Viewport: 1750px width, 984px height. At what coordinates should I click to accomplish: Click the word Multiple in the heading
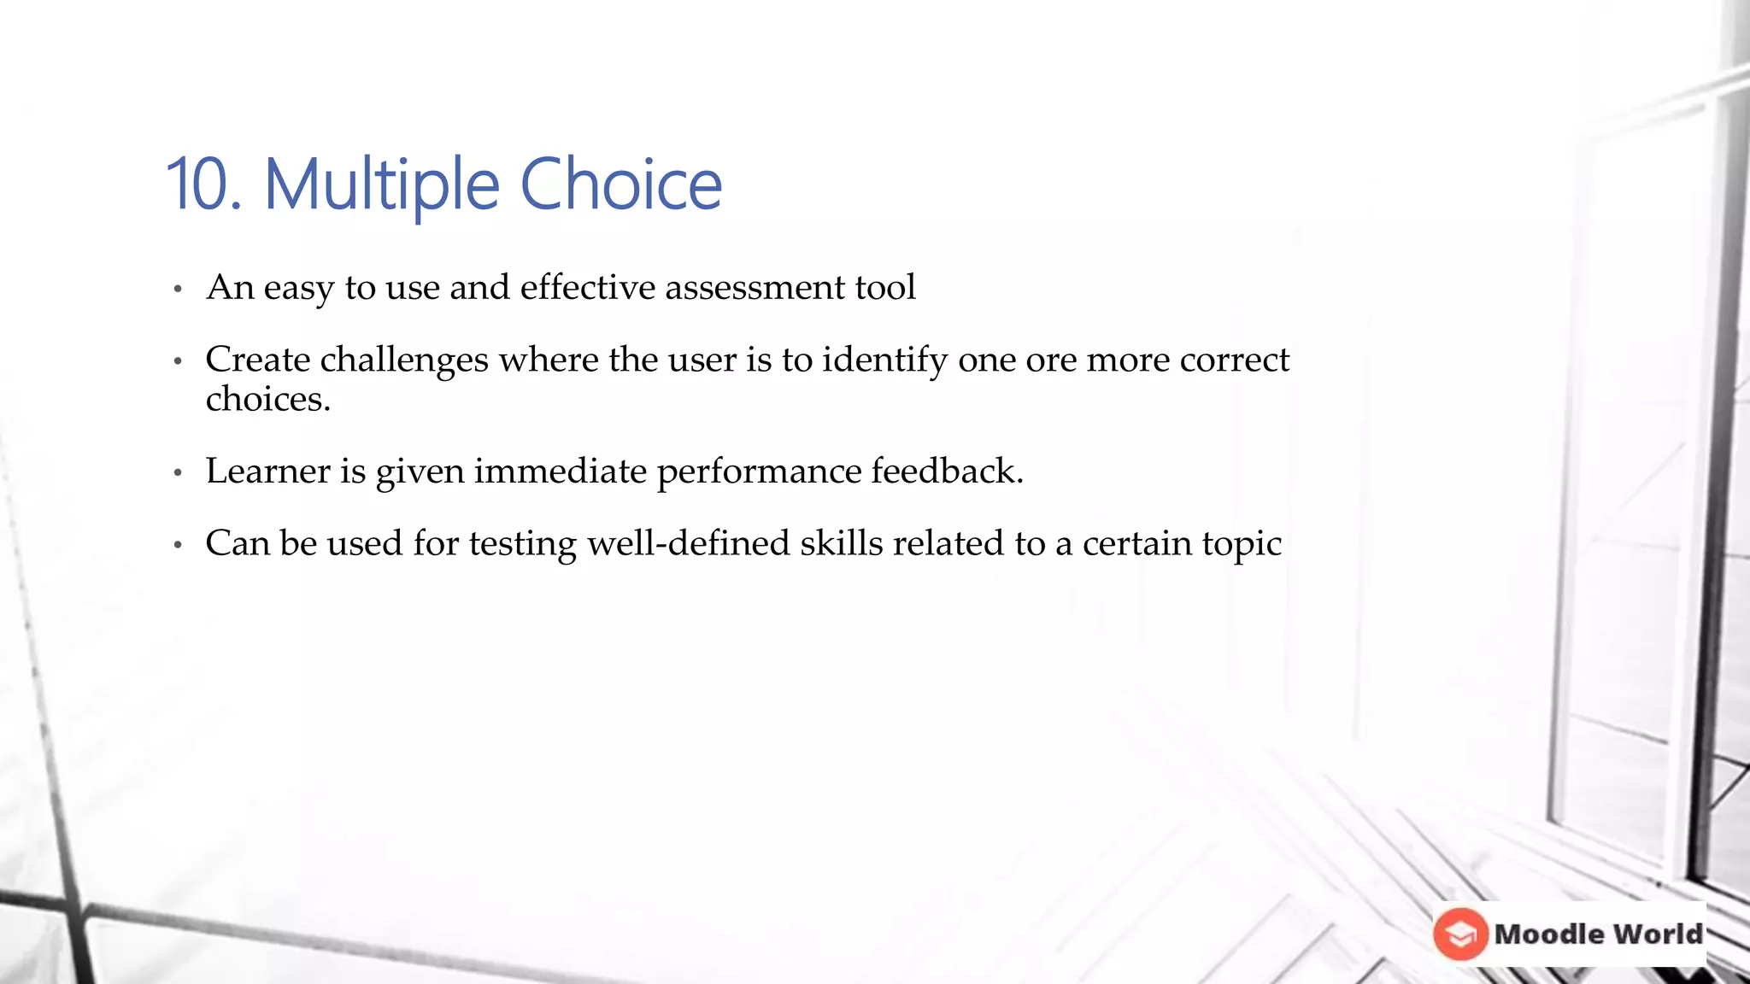point(381,184)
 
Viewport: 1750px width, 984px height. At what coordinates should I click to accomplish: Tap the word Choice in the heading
point(620,184)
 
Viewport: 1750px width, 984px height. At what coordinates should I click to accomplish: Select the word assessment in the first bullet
point(755,287)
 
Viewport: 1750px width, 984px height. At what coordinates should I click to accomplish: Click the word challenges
point(404,360)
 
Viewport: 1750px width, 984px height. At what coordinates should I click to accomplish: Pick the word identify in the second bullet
point(884,360)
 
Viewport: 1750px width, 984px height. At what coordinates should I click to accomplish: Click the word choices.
point(267,399)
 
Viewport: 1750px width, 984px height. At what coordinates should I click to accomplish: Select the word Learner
point(267,471)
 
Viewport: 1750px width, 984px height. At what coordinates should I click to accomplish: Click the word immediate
point(560,471)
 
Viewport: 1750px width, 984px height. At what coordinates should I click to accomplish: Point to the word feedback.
point(946,471)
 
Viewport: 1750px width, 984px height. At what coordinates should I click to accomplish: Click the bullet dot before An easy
point(178,290)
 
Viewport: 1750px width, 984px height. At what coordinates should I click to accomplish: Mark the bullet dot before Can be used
point(178,545)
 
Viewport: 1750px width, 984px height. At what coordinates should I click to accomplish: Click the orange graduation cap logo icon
point(1460,934)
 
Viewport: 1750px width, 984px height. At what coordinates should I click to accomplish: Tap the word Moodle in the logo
point(1548,934)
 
